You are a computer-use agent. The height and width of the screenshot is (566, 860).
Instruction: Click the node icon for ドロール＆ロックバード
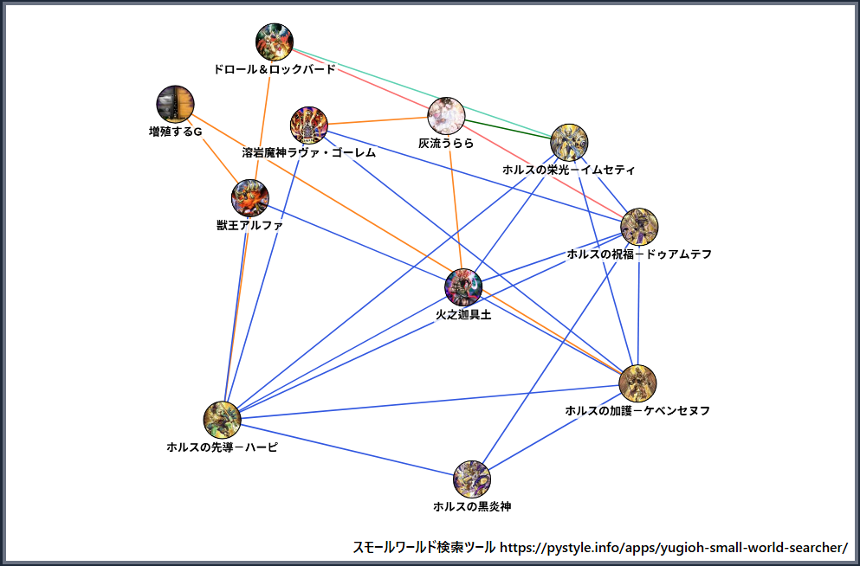pyautogui.click(x=275, y=42)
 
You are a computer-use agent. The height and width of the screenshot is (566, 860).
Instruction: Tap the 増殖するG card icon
pyautogui.click(x=175, y=104)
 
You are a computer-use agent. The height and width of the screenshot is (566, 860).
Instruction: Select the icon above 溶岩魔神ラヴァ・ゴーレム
pyautogui.click(x=308, y=125)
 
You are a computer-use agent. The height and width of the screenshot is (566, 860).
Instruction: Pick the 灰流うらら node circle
pyautogui.click(x=447, y=115)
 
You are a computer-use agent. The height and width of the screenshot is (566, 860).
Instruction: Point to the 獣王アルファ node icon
pyautogui.click(x=249, y=198)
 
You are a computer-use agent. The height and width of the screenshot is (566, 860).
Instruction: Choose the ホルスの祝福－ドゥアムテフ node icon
pyautogui.click(x=640, y=226)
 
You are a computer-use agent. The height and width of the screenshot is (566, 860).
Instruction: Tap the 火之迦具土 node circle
pyautogui.click(x=463, y=287)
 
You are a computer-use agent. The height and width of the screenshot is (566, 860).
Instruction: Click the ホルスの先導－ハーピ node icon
pyautogui.click(x=222, y=420)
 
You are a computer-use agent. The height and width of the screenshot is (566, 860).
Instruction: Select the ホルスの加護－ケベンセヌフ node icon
pyautogui.click(x=638, y=383)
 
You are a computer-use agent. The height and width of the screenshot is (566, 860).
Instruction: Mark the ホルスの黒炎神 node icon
pyautogui.click(x=472, y=479)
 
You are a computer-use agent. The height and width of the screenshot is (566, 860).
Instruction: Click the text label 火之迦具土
pyautogui.click(x=463, y=316)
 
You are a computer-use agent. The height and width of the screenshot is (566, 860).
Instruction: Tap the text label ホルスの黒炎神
pyautogui.click(x=472, y=506)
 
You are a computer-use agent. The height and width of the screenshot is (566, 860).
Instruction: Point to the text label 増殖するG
pyautogui.click(x=175, y=132)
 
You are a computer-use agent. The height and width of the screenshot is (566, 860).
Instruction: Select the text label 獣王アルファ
pyautogui.click(x=249, y=226)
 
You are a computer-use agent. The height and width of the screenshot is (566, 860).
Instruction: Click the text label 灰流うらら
pyautogui.click(x=447, y=144)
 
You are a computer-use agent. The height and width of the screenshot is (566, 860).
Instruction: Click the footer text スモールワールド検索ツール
pyautogui.click(x=424, y=548)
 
